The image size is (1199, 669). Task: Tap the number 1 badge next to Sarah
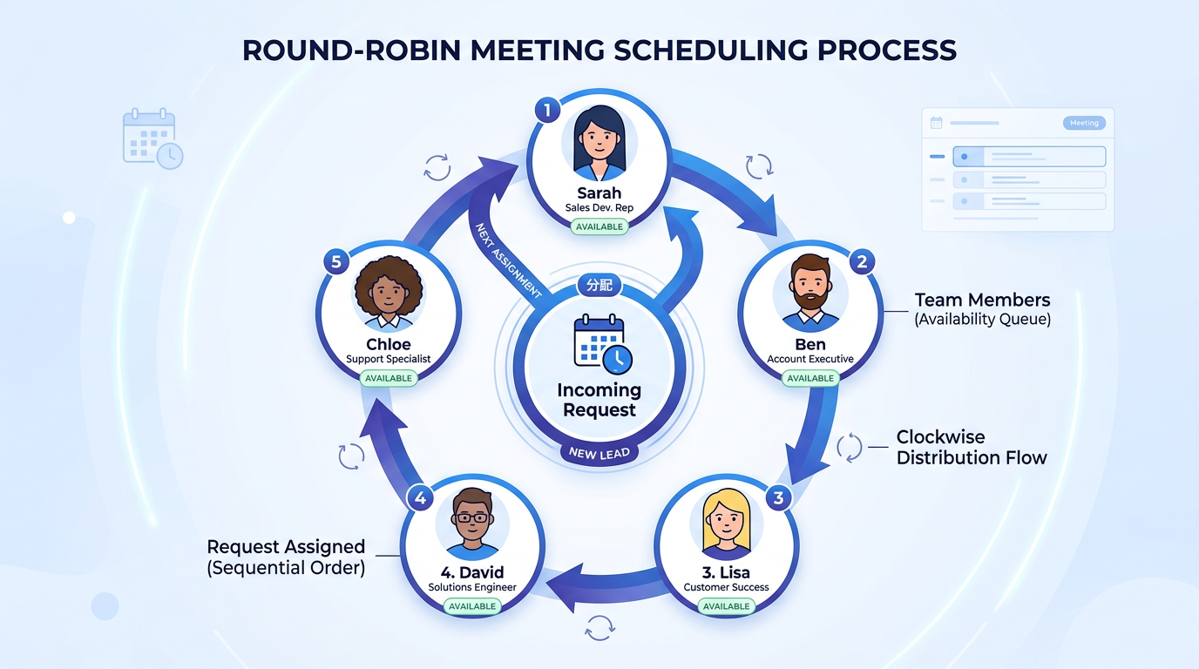coord(547,111)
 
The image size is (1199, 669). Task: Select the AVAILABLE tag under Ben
coord(810,378)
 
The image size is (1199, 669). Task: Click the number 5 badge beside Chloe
coord(335,261)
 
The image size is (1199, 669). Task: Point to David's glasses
coord(472,517)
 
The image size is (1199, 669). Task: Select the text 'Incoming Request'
coord(599,400)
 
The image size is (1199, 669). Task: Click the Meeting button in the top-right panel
coord(1084,123)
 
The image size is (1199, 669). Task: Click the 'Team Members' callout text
coord(982,301)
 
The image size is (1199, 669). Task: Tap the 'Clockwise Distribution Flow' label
coord(972,448)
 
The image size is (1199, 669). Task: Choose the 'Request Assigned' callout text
coord(286,547)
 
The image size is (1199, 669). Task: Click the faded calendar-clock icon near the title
coord(152,139)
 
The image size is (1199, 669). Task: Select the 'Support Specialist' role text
coord(389,359)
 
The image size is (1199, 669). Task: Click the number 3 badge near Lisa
coord(778,498)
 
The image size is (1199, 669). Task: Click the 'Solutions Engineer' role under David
coord(472,587)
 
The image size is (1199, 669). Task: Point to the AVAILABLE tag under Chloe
coord(389,378)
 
